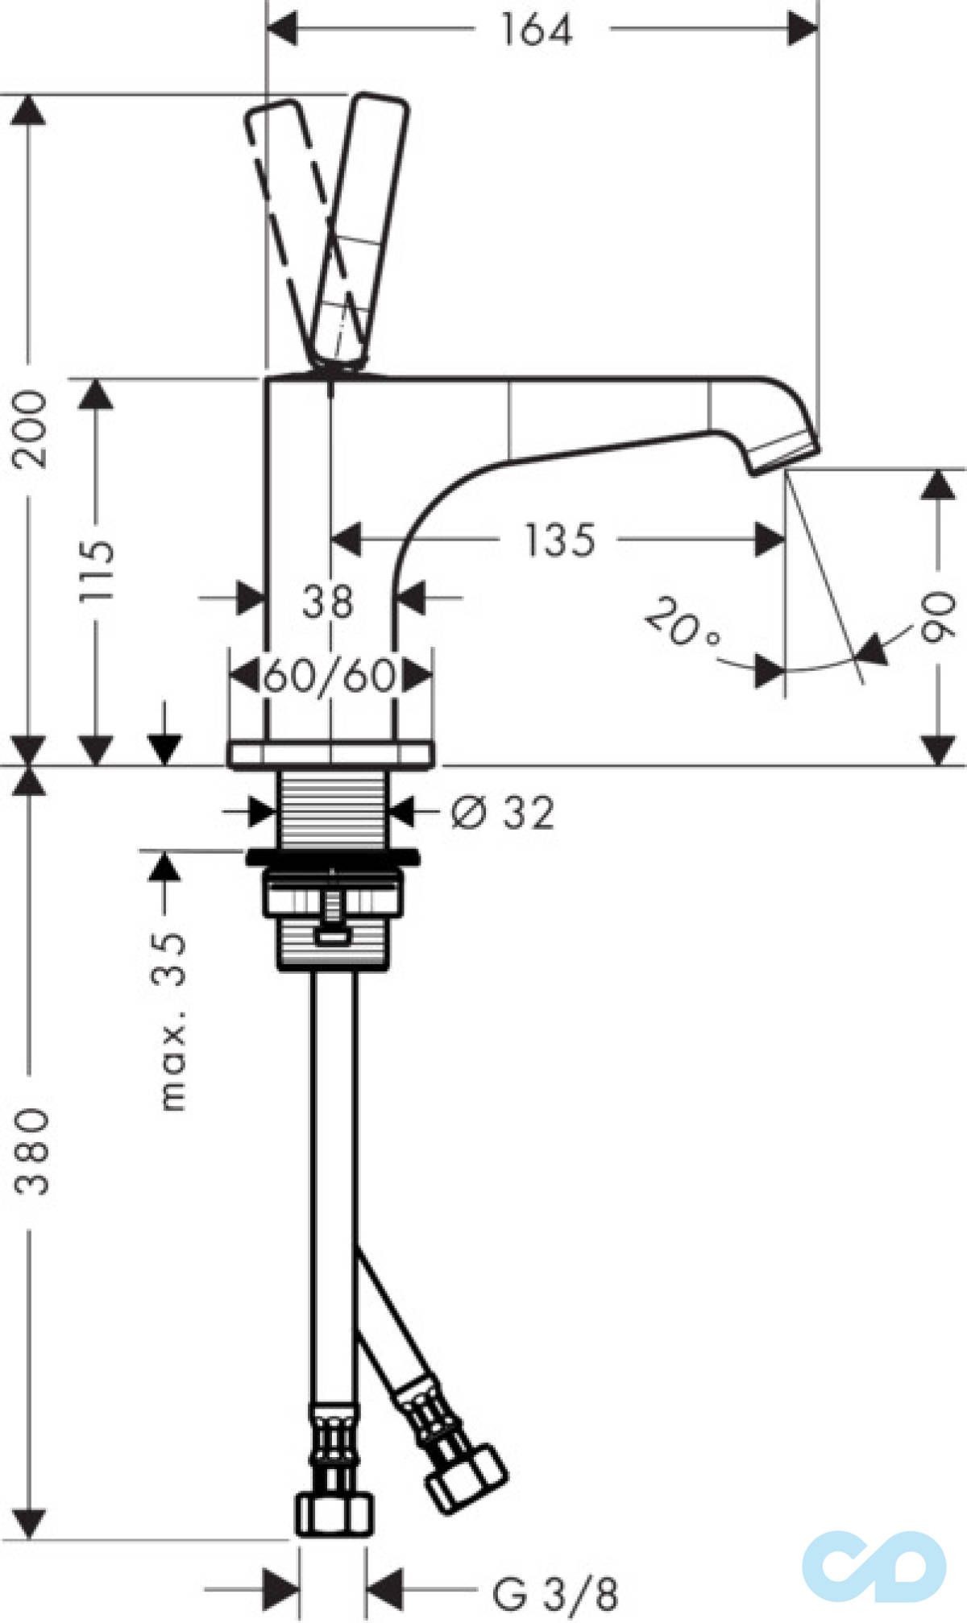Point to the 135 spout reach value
(560, 540)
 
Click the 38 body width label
(328, 601)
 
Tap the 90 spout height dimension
(938, 616)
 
